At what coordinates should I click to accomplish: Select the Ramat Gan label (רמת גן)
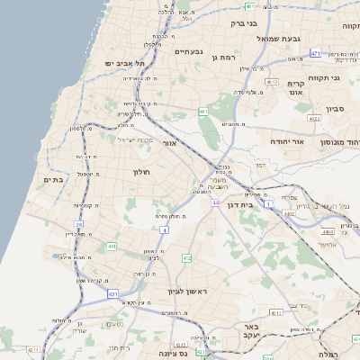tap(222, 57)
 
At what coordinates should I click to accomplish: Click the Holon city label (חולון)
tap(142, 171)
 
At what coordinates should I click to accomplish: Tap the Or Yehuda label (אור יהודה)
tap(287, 141)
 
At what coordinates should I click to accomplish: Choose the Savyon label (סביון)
tap(335, 107)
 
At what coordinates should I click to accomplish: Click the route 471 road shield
tap(316, 54)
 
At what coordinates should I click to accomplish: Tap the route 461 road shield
tap(204, 112)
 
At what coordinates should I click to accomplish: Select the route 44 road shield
tap(216, 202)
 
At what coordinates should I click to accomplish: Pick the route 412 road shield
tap(187, 258)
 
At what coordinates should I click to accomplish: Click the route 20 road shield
tap(79, 224)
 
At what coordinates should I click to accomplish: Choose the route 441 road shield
tap(112, 245)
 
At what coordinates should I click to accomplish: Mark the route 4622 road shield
tap(314, 118)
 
